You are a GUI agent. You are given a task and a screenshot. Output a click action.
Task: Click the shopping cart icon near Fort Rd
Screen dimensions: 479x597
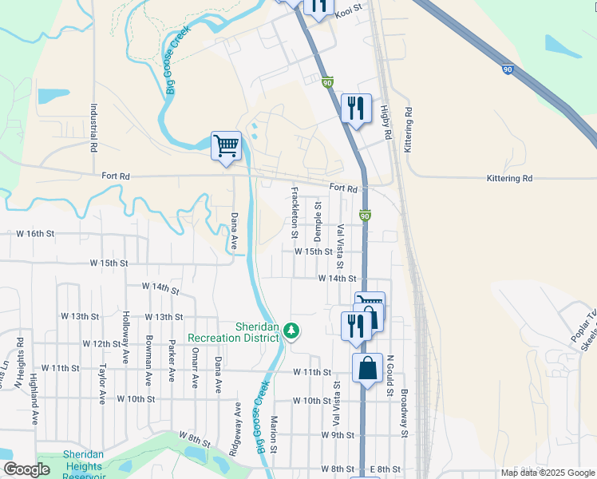point(227,146)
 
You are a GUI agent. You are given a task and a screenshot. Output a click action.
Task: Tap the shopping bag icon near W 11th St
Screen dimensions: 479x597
point(367,370)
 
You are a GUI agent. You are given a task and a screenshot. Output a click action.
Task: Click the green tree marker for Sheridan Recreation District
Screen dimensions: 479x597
point(292,330)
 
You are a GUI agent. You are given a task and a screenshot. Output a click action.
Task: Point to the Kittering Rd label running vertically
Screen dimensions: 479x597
point(408,130)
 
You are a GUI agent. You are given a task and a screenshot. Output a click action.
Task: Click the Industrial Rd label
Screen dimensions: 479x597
point(93,128)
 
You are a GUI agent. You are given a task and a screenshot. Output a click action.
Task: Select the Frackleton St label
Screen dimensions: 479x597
point(295,213)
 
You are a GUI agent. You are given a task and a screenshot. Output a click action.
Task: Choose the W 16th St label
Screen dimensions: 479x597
point(35,234)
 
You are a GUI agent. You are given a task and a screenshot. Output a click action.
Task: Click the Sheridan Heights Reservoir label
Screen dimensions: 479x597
point(83,465)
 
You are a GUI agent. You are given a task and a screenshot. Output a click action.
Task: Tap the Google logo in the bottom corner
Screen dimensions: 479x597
point(26,469)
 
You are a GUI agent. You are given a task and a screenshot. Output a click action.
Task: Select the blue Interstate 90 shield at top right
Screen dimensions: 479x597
point(508,70)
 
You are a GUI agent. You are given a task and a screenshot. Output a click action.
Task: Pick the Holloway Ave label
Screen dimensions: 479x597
point(126,338)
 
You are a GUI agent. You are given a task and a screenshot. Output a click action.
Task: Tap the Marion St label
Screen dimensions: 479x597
point(273,435)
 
